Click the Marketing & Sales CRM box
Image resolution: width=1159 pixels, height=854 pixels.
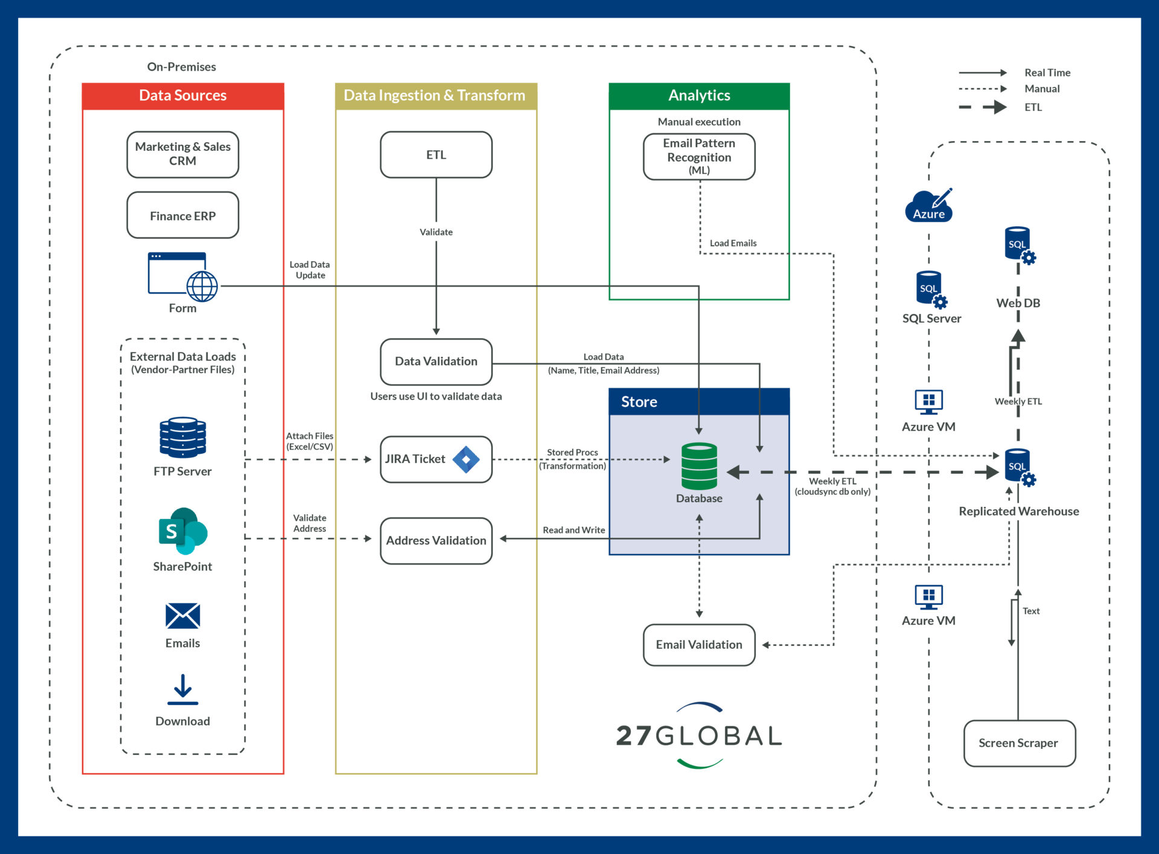coord(182,155)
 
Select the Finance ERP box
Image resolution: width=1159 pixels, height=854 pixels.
coord(182,215)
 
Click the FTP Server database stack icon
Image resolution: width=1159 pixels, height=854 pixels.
coord(182,437)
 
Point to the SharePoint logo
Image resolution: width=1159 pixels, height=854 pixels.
coord(182,531)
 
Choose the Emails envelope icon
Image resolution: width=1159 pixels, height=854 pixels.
coord(182,616)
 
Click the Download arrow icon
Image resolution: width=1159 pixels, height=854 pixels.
coord(182,690)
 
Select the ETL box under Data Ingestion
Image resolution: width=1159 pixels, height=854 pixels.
coord(436,155)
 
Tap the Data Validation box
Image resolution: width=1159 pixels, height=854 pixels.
coord(436,361)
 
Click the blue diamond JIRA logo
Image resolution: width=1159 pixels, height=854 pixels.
coord(466,459)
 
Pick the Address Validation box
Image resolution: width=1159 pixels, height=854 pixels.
coord(436,540)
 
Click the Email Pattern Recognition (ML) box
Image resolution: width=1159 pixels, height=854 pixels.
coord(699,157)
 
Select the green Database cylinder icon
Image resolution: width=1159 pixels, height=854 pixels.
coord(699,467)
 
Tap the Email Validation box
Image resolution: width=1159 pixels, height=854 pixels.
coord(699,645)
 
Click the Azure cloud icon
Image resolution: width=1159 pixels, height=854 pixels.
coord(928,206)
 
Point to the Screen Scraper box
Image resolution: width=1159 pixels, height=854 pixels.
coord(1019,743)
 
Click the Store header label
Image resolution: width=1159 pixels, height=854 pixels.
coord(639,402)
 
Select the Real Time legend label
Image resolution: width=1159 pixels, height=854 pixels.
coord(1047,72)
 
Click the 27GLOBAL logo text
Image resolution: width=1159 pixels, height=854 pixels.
coord(699,736)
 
